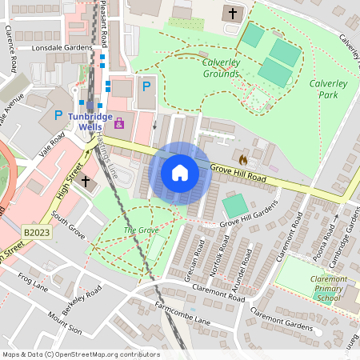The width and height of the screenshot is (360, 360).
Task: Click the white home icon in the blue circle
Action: [x=180, y=172]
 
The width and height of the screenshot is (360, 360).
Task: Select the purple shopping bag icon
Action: [x=120, y=123]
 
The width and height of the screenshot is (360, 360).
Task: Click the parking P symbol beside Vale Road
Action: [x=58, y=115]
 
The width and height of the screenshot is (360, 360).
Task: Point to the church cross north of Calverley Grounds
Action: [x=233, y=14]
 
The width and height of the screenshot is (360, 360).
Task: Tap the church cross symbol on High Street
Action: [x=86, y=182]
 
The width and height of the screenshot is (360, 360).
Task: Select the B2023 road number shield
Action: [x=36, y=232]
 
